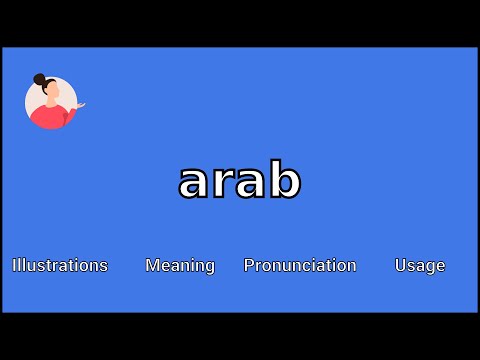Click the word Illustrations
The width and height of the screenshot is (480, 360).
[60, 265]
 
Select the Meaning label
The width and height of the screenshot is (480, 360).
[180, 265]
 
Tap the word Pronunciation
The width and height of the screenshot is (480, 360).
[300, 265]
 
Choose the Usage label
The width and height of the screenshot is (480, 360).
[420, 265]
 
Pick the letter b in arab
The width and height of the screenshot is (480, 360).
[285, 180]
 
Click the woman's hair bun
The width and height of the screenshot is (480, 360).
[40, 79]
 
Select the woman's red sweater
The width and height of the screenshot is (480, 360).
[49, 117]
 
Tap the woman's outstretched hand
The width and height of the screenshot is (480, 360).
[80, 104]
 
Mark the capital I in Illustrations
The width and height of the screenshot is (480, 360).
[14, 265]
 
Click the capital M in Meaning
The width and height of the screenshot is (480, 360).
[152, 265]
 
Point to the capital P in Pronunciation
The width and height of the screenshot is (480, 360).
[249, 265]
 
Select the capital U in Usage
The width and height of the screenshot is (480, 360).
[400, 265]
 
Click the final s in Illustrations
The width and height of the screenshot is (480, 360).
[103, 266]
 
